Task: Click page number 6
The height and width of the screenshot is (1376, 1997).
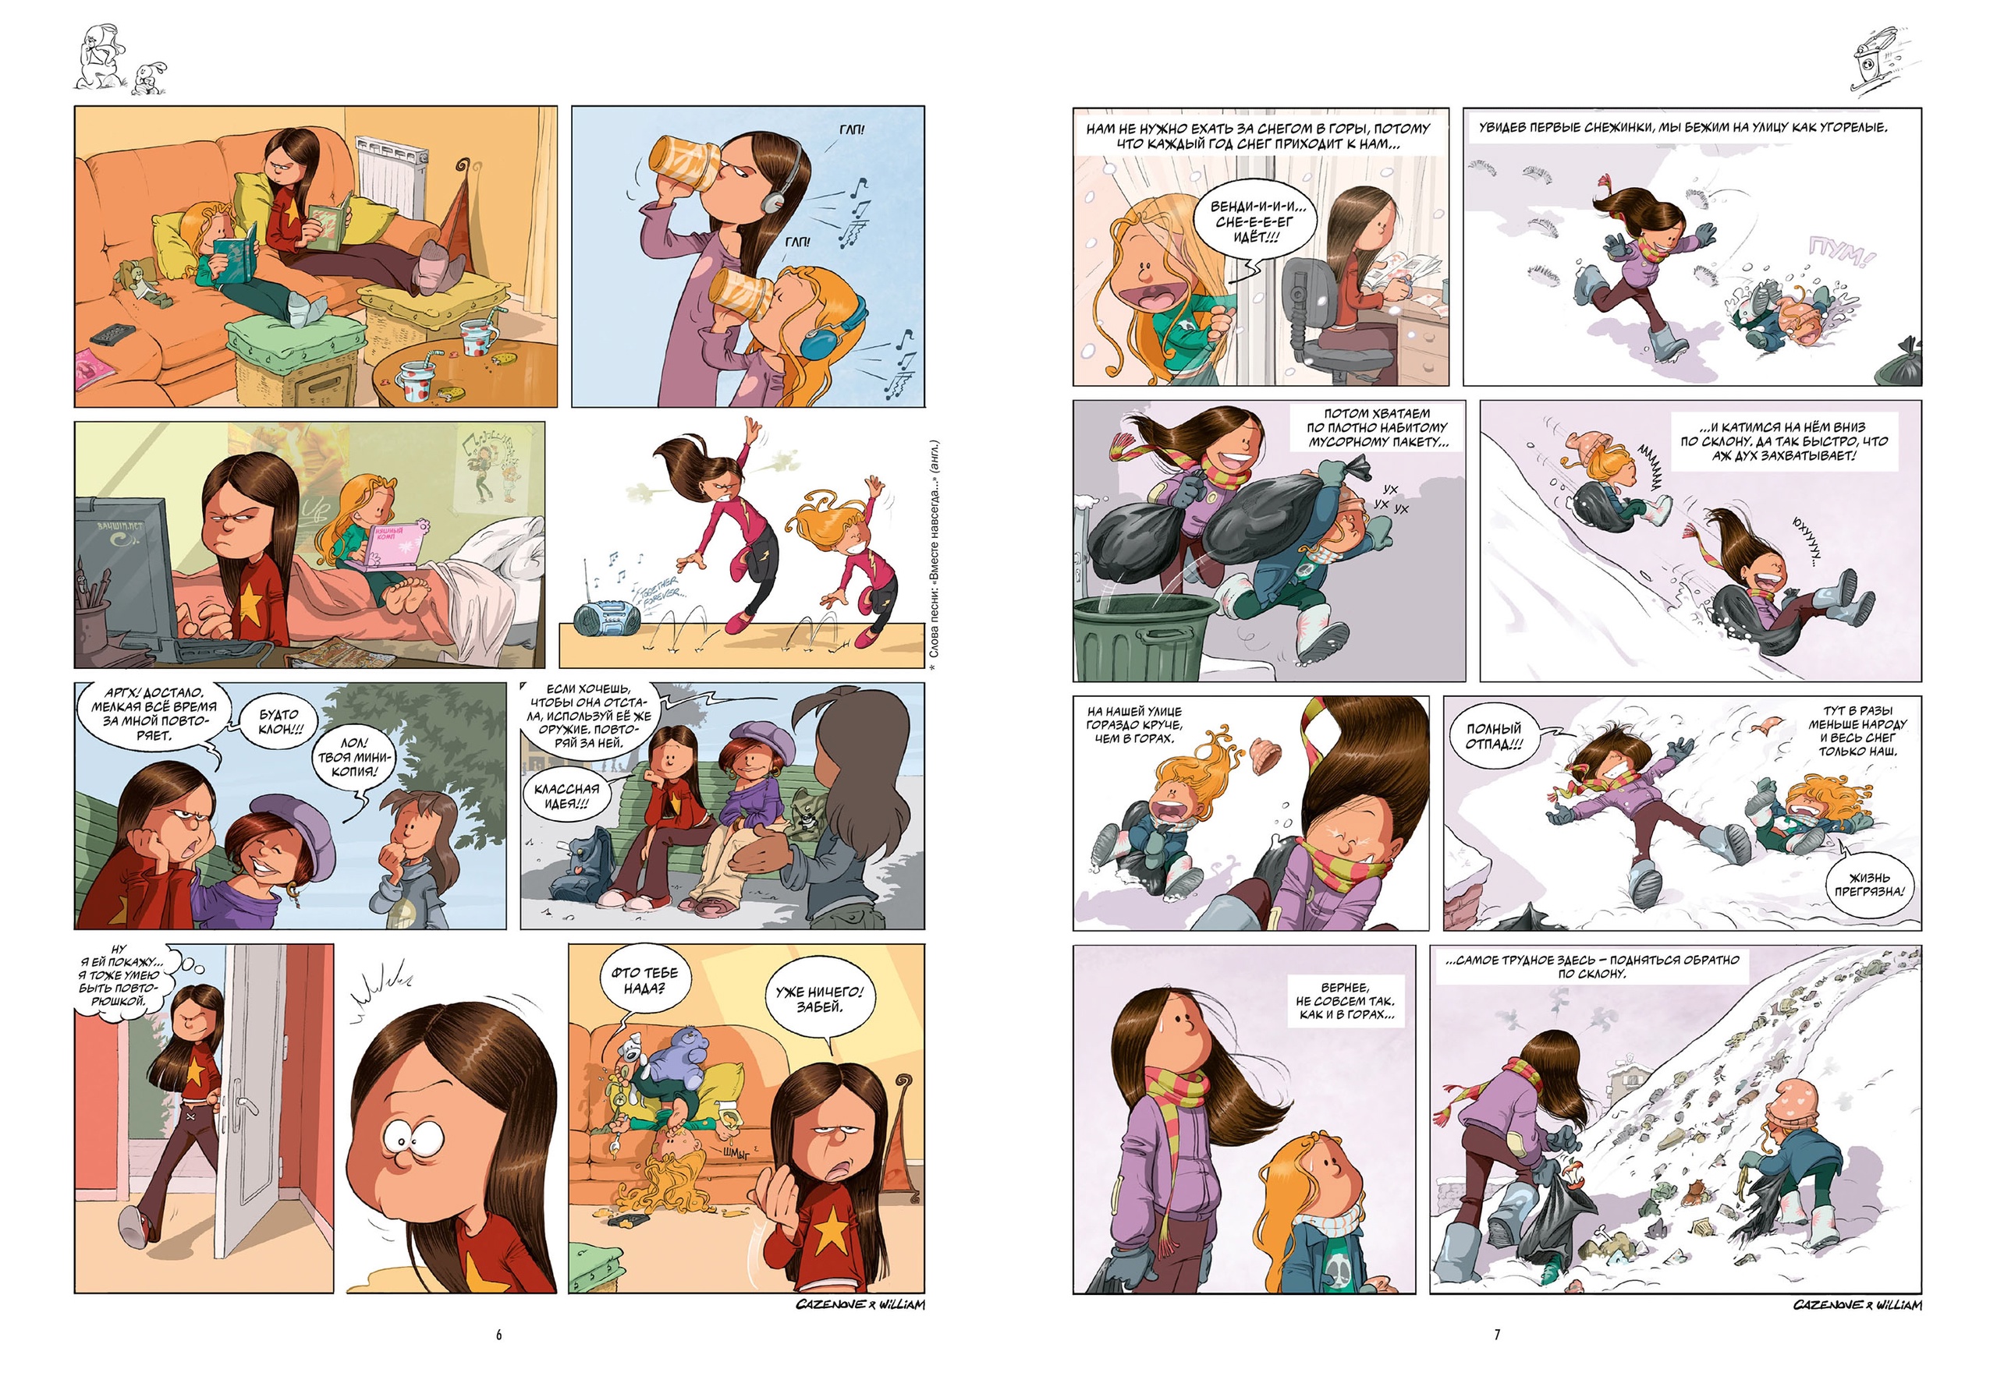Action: click(498, 1334)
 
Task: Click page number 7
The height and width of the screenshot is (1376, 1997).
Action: click(1497, 1334)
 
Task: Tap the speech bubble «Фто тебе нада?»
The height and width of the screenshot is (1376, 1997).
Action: click(644, 980)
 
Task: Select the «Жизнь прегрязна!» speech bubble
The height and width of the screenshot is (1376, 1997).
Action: click(1868, 885)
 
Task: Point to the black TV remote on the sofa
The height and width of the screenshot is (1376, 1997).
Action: click(112, 333)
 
